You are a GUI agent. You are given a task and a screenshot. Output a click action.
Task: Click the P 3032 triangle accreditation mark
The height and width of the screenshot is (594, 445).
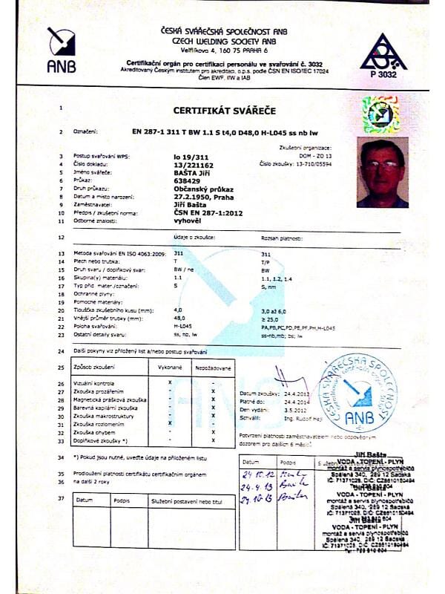coord(383,52)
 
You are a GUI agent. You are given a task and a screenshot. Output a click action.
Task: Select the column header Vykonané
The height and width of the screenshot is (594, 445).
coord(171,368)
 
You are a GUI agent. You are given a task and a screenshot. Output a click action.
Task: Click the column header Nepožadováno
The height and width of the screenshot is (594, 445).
coord(211,368)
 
